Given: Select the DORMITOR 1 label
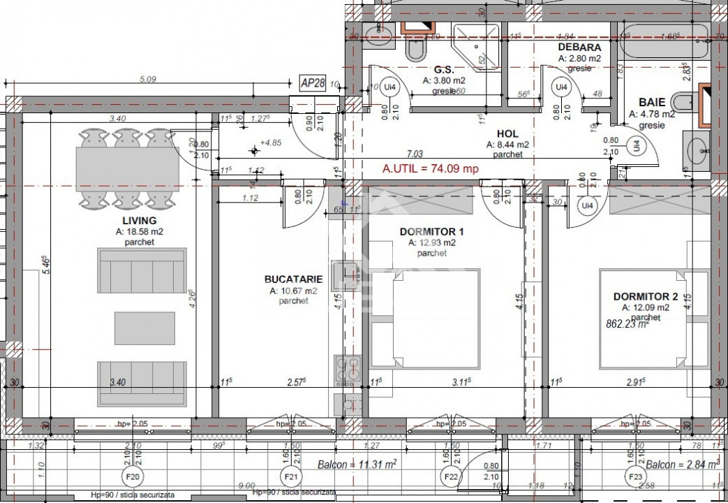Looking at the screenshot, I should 431,231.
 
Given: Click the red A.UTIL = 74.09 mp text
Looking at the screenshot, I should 431,168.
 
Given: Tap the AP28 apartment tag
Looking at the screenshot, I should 313,82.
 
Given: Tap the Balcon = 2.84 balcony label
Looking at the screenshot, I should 682,465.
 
